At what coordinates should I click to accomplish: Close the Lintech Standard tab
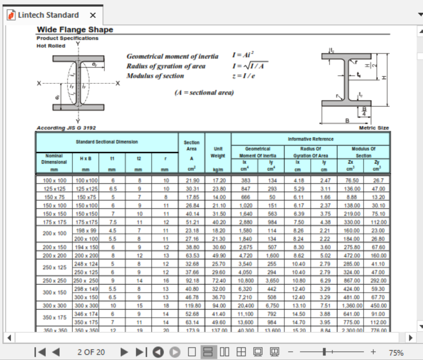(93, 15)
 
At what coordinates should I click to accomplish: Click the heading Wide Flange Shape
(75, 30)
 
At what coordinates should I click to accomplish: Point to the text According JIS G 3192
(66, 128)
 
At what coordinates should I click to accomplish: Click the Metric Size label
(374, 128)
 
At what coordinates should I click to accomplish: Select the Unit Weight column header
(218, 152)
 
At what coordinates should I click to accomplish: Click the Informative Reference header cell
(310, 139)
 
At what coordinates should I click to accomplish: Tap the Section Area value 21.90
(192, 180)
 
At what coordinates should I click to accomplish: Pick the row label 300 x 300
(54, 306)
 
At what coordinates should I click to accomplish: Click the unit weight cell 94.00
(218, 306)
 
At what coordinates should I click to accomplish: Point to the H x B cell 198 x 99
(86, 230)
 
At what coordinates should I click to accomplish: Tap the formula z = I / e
(243, 76)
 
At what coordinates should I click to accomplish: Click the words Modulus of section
(155, 76)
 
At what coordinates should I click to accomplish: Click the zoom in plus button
(373, 352)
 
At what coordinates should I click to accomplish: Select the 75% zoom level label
(396, 353)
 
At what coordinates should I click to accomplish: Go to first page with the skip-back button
(40, 352)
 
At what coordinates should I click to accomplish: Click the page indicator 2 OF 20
(91, 352)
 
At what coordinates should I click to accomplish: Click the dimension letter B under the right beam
(347, 121)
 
